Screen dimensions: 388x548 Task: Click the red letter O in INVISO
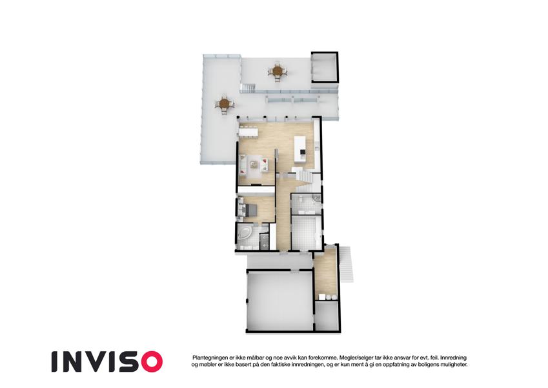(x=150, y=361)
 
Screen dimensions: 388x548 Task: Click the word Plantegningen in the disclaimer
(x=210, y=357)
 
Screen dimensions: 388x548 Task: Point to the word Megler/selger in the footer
(x=352, y=357)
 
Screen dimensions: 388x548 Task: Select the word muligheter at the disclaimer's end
(x=450, y=365)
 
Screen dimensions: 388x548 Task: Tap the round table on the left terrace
(x=224, y=103)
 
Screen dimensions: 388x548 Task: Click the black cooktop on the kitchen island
(x=299, y=153)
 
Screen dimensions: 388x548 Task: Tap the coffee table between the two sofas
(x=255, y=165)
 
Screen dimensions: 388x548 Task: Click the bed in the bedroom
(x=248, y=210)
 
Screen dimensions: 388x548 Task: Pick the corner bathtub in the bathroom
(x=245, y=235)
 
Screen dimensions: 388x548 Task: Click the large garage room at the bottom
(x=279, y=301)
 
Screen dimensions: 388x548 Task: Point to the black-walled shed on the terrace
(x=324, y=68)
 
